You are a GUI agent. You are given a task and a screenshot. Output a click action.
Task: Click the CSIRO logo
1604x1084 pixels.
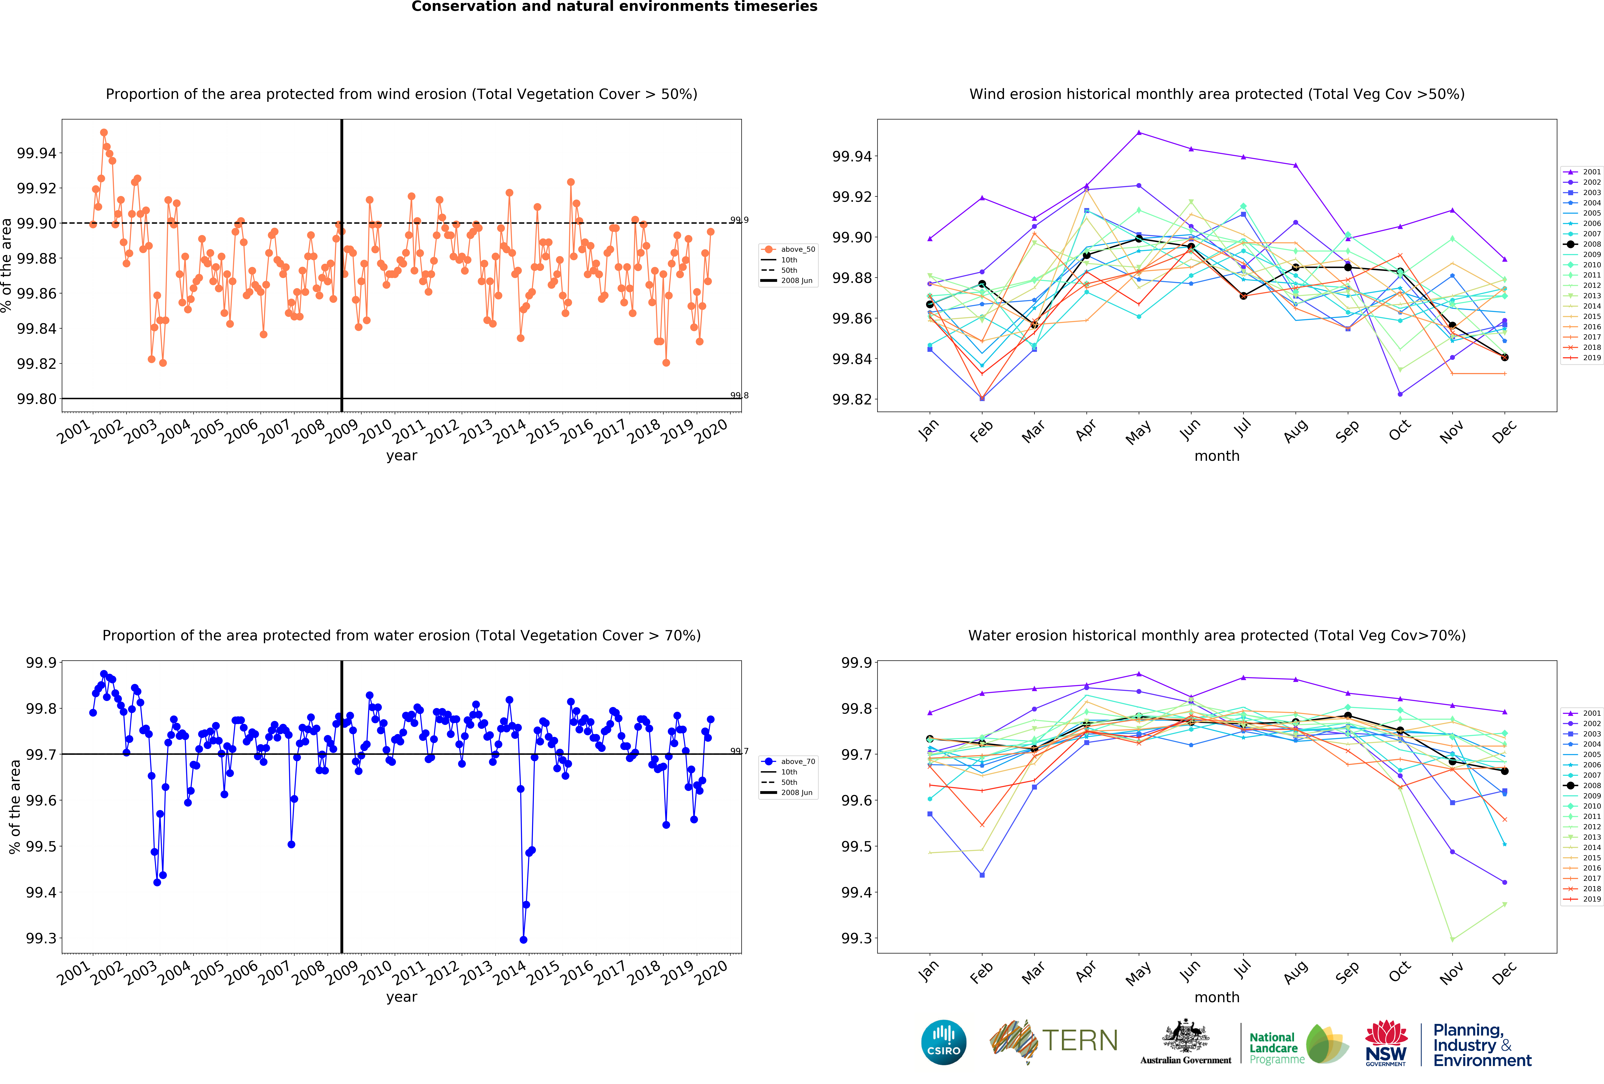click(943, 1042)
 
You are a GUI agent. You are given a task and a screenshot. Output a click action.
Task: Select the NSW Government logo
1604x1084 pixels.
click(1386, 1043)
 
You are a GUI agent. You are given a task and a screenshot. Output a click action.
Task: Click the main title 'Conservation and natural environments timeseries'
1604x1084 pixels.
click(614, 7)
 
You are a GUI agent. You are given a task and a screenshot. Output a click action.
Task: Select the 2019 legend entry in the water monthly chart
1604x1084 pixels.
click(1582, 899)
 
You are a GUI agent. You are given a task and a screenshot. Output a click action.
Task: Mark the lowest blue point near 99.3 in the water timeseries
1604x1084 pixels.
click(523, 940)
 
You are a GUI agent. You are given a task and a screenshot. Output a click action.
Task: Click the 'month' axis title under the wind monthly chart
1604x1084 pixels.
click(1217, 456)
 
